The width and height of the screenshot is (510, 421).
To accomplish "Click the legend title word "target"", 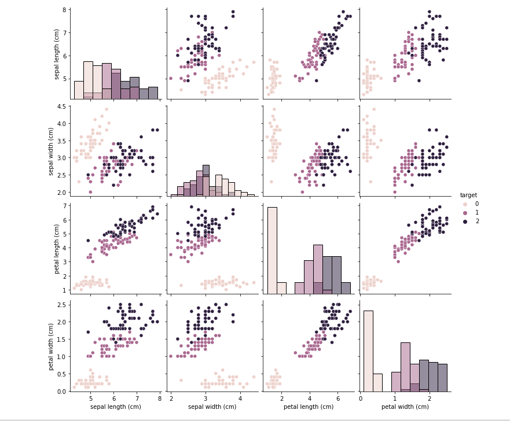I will [x=468, y=195].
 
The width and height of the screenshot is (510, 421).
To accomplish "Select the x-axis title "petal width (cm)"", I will [x=405, y=407].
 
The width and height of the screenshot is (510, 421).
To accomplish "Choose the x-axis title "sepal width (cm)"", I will [x=212, y=407].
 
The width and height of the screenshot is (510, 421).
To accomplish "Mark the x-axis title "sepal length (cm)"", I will [x=116, y=407].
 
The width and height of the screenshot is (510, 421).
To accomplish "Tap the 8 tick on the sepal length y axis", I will [x=67, y=10].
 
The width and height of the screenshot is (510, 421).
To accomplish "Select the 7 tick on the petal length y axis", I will [x=67, y=206].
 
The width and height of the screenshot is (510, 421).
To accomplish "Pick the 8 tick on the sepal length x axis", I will [x=160, y=398].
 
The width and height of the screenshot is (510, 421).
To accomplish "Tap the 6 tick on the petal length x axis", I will [x=336, y=398].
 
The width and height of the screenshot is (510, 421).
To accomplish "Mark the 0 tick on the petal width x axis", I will [x=361, y=398].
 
